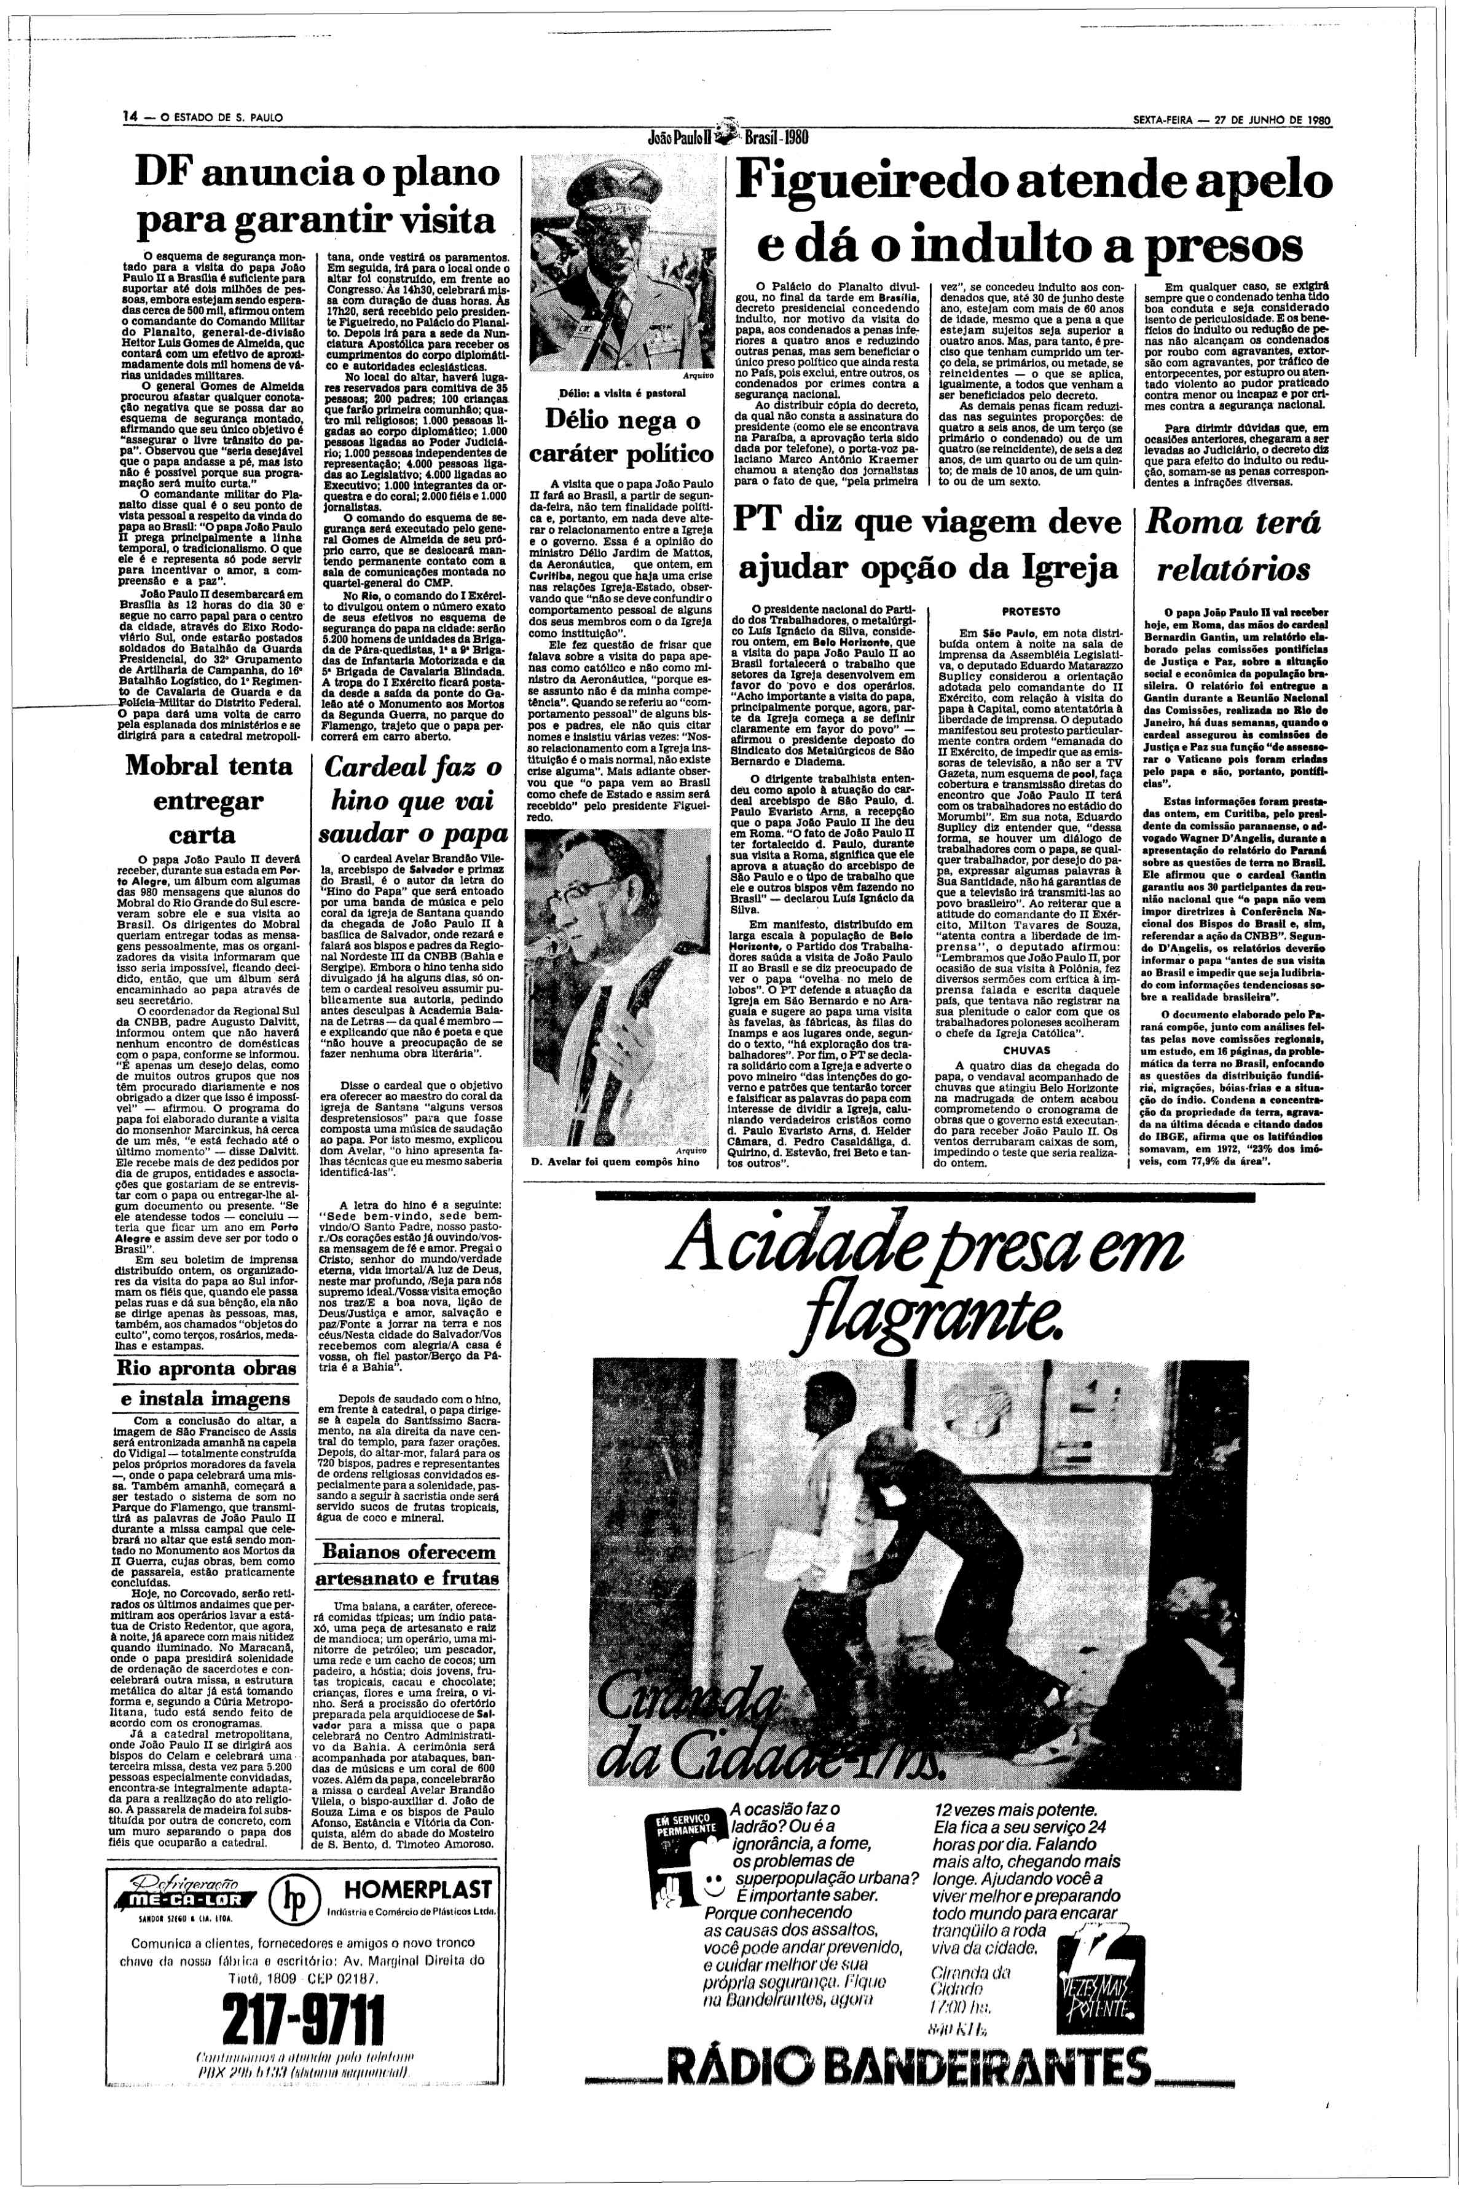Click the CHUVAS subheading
(x=1026, y=1048)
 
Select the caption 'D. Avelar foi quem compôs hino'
(x=601, y=1163)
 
